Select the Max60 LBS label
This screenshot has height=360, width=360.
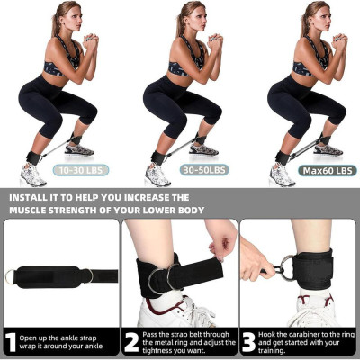(327, 169)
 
